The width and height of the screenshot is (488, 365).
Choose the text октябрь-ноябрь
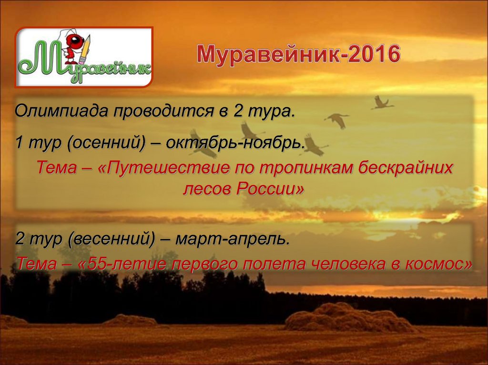point(235,142)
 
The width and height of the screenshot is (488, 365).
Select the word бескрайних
point(405,168)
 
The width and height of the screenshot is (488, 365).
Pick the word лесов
point(205,189)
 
